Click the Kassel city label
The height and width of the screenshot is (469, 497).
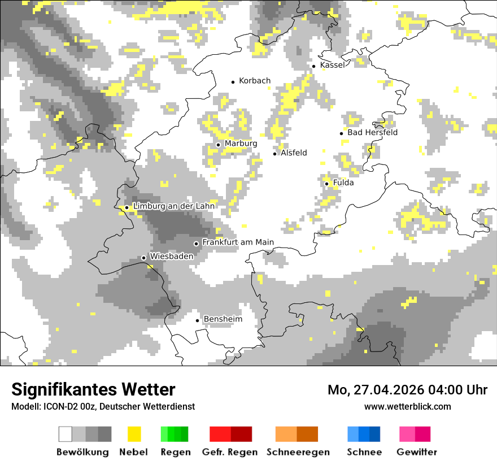click(332, 65)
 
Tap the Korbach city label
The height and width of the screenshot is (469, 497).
click(255, 81)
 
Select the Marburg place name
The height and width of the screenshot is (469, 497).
click(241, 144)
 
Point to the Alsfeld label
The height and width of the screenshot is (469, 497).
click(294, 153)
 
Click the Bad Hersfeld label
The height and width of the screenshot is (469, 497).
click(372, 132)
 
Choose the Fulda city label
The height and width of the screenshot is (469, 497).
click(343, 183)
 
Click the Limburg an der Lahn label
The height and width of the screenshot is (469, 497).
click(173, 206)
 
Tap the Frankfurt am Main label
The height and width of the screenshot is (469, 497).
click(238, 242)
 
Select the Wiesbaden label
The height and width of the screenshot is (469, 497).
click(172, 256)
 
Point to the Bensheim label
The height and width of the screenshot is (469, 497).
click(223, 319)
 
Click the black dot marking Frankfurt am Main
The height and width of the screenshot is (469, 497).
click(196, 244)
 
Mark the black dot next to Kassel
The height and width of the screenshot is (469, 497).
click(314, 66)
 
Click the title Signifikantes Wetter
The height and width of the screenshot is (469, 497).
click(93, 390)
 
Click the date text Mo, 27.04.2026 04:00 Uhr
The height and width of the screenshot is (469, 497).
click(407, 390)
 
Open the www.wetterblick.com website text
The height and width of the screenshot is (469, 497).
click(407, 406)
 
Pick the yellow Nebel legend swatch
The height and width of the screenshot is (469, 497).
click(134, 434)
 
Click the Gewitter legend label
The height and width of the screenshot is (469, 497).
click(416, 452)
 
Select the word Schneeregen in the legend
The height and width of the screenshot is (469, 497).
click(298, 452)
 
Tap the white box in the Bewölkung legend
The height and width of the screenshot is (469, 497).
click(66, 434)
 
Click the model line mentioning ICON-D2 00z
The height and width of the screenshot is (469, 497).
click(103, 407)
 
